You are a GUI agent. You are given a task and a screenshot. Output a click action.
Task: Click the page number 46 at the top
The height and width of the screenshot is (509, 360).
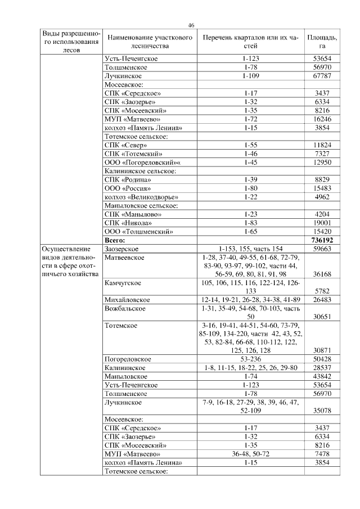(x=191, y=25)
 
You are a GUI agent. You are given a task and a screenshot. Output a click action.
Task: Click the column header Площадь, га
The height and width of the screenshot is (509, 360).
(x=322, y=42)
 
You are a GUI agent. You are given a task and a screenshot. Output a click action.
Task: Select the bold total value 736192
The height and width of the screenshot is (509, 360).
(x=322, y=240)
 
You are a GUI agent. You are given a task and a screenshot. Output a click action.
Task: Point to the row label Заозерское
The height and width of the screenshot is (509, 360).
(x=121, y=249)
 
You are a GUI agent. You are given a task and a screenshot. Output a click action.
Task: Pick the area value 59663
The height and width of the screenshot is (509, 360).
(x=322, y=249)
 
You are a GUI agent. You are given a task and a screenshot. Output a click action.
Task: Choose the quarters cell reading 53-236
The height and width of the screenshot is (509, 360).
(x=251, y=359)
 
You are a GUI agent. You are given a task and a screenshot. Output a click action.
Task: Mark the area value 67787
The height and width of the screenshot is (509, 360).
(x=322, y=75)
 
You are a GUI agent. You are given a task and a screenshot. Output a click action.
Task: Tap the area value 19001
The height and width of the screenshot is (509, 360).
(x=322, y=222)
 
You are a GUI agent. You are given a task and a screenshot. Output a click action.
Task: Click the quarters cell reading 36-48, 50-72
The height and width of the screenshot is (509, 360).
(x=251, y=453)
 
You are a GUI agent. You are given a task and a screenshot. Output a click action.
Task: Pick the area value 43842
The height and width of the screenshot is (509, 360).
(x=322, y=376)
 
